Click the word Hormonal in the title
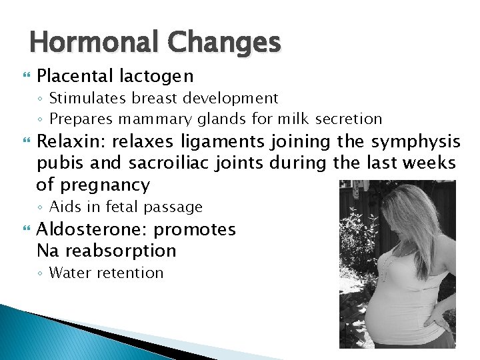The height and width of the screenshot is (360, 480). (93, 43)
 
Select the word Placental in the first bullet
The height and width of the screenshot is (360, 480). (75, 76)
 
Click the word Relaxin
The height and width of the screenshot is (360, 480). (71, 142)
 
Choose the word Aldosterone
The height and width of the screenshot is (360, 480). (93, 229)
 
